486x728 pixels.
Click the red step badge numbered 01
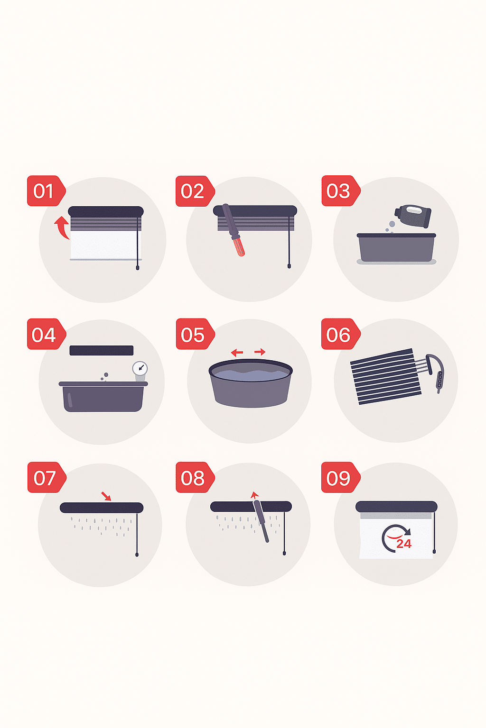coord(46,191)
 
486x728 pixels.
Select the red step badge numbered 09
coord(341,477)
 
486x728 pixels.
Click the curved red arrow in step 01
coord(62,227)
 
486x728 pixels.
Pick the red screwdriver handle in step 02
coord(240,246)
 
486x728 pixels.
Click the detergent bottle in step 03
coord(413,216)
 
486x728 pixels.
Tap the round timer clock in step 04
coord(140,368)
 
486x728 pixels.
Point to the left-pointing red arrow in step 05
coord(237,352)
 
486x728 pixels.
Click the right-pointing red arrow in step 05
coord(260,352)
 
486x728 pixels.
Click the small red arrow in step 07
coord(106,496)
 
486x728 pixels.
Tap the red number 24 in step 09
coord(404,544)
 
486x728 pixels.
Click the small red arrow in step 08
coord(254,495)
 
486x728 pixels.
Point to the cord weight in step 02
coord(289,266)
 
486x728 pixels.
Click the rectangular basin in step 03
coord(396,247)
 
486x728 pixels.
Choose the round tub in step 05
coord(251,383)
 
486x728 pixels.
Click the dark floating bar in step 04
coord(102,350)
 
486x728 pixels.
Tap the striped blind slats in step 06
coord(386,376)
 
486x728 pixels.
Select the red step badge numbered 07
coord(47,477)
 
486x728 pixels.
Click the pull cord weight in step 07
coord(137,555)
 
